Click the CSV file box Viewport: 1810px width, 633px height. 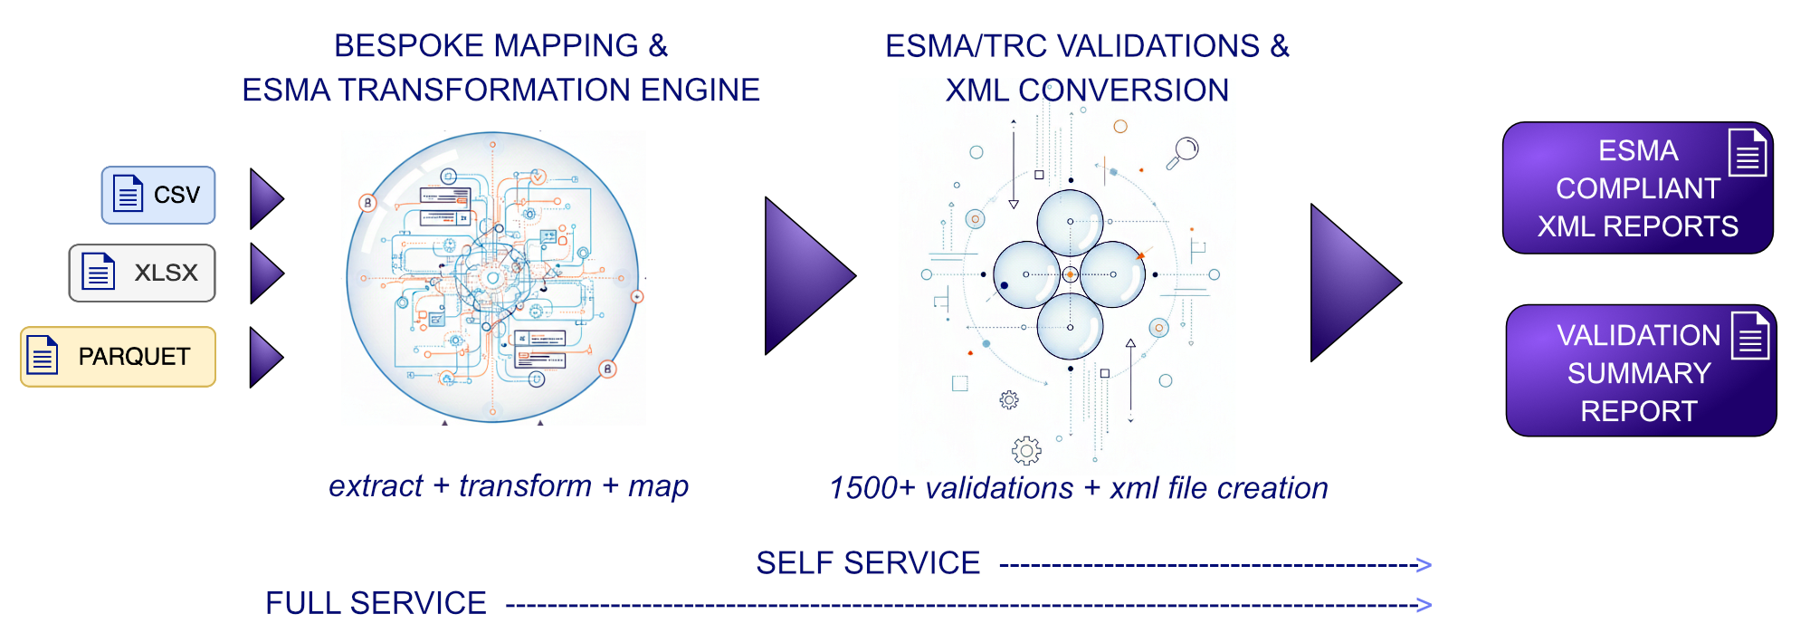pyautogui.click(x=158, y=195)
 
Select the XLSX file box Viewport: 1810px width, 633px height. pyautogui.click(x=142, y=273)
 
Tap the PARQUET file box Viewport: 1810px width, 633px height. pyautogui.click(x=119, y=357)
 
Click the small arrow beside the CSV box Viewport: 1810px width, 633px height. pyautogui.click(x=265, y=198)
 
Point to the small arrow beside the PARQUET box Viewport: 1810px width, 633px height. pyautogui.click(x=265, y=358)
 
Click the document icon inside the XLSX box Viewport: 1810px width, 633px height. pyautogui.click(x=99, y=272)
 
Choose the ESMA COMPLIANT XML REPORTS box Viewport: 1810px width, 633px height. pyautogui.click(x=1637, y=188)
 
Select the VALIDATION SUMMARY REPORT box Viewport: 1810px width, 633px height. pyautogui.click(x=1641, y=371)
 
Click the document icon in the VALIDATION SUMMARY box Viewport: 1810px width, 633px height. pyautogui.click(x=1750, y=336)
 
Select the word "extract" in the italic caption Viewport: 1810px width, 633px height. pyautogui.click(x=376, y=486)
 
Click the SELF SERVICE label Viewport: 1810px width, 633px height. pyautogui.click(x=868, y=563)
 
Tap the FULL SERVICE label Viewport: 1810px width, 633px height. pyautogui.click(x=376, y=603)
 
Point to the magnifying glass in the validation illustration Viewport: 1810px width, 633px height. pyautogui.click(x=1183, y=151)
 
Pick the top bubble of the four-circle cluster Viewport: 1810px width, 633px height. pyautogui.click(x=1070, y=222)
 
